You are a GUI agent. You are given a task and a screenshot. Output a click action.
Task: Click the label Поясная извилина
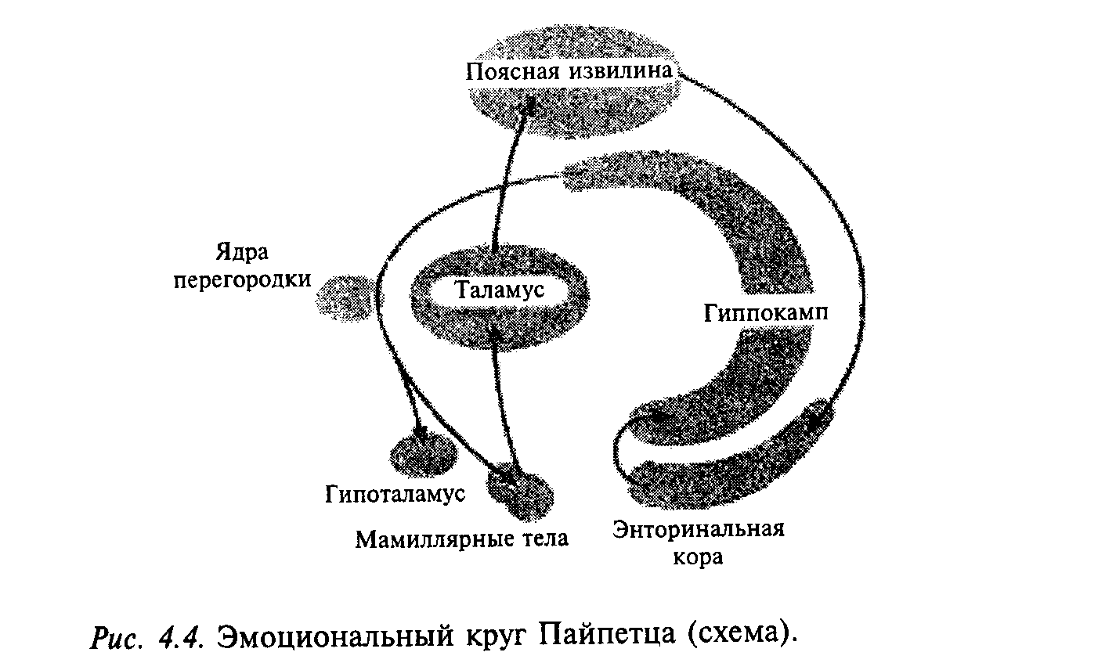click(569, 72)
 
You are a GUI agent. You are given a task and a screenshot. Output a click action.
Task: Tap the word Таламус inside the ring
click(499, 291)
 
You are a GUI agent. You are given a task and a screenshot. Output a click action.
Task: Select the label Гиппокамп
click(765, 313)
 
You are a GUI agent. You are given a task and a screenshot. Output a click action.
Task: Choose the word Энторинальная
click(699, 528)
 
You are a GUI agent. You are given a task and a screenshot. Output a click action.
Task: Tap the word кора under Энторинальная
click(699, 557)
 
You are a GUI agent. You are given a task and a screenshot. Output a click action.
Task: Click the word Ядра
click(242, 253)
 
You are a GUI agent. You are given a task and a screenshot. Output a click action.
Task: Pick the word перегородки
click(243, 279)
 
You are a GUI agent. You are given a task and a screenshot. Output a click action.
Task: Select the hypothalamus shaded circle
click(423, 452)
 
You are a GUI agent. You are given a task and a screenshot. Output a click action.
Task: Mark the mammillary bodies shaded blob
click(518, 491)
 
